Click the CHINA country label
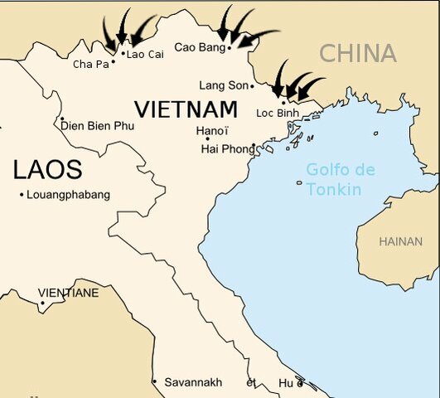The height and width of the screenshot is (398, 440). click(x=358, y=54)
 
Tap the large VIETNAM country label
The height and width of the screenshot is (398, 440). click(x=186, y=109)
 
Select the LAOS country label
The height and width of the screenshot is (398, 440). click(x=47, y=170)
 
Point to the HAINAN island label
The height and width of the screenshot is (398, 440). click(x=400, y=241)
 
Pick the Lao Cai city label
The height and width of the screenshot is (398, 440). click(x=146, y=54)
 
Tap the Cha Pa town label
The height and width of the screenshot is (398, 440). click(x=90, y=64)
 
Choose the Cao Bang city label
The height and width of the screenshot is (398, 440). click(x=198, y=47)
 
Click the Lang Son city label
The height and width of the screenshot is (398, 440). click(x=223, y=85)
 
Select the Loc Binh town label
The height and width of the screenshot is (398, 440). click(x=277, y=113)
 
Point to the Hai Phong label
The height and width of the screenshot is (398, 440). click(x=228, y=149)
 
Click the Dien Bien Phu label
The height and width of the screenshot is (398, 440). click(x=99, y=125)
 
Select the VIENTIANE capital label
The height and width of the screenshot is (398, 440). click(x=68, y=293)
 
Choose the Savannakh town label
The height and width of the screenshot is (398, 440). click(x=193, y=382)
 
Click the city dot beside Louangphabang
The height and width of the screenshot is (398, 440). click(x=21, y=195)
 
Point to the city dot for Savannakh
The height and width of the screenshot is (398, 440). click(x=154, y=382)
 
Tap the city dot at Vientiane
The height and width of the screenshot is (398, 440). click(x=41, y=303)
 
